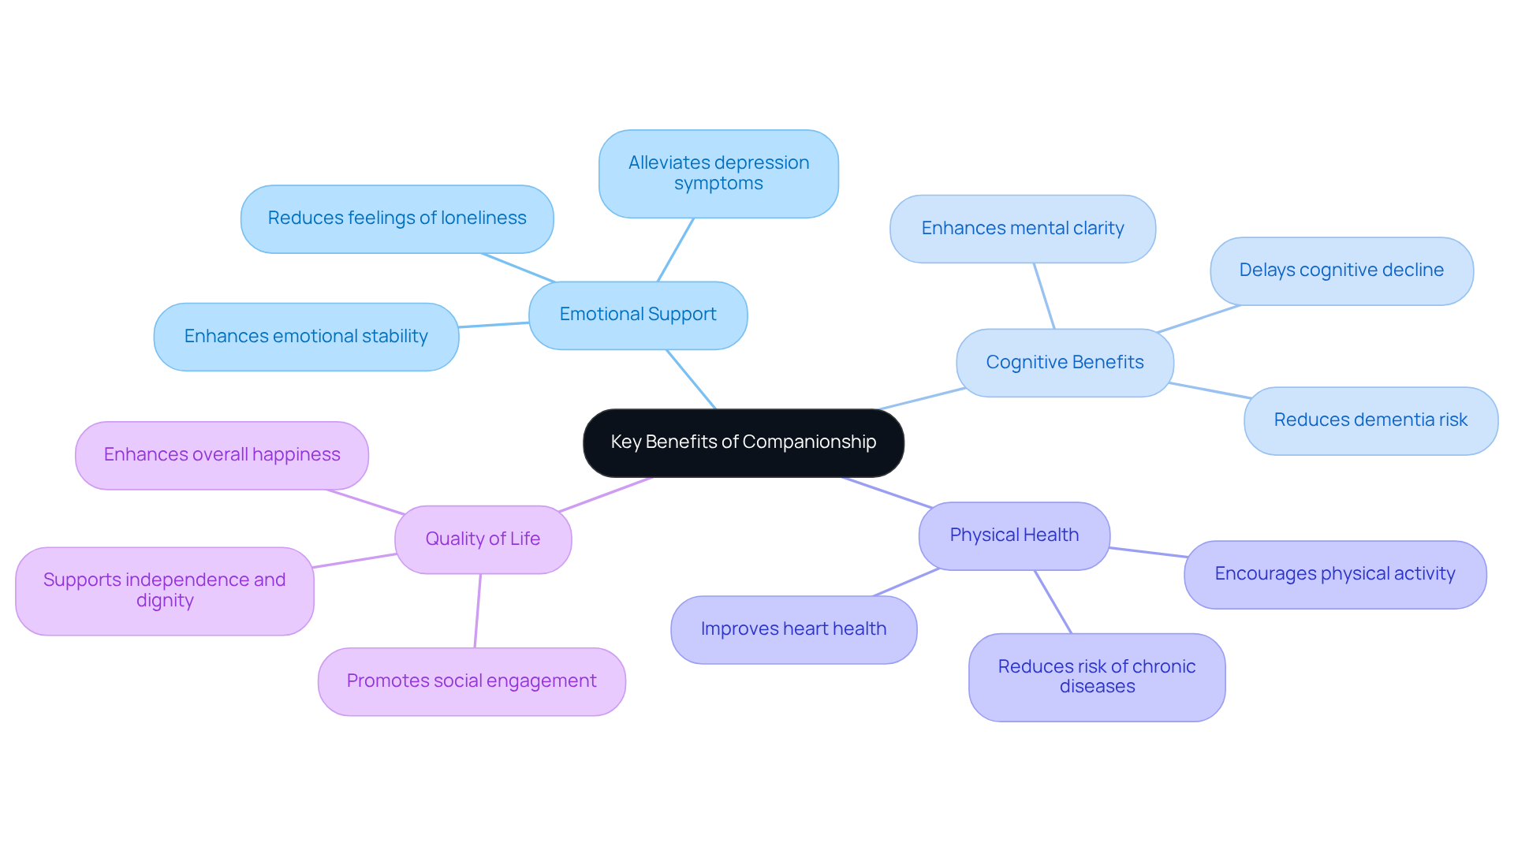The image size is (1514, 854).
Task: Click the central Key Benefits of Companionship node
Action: tap(743, 442)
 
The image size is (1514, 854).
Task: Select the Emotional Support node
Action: tap(637, 315)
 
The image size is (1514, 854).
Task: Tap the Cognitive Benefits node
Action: tap(1064, 363)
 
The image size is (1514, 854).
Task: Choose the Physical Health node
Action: tap(1013, 535)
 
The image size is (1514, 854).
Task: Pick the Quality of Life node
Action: tap(483, 539)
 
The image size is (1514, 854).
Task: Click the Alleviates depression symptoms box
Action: tap(718, 173)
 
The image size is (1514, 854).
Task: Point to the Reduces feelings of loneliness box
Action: tap(397, 218)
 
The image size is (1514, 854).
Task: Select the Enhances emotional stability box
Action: tap(306, 337)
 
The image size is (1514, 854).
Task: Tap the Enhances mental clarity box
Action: tap(1022, 229)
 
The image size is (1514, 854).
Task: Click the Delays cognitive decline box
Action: tap(1341, 270)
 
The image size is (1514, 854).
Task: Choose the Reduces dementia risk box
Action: tap(1370, 420)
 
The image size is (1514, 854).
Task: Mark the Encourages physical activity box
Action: tap(1334, 574)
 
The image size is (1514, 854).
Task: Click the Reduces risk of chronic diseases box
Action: tap(1096, 677)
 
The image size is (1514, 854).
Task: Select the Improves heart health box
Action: tap(793, 629)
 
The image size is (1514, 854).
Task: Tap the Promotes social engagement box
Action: tap(471, 681)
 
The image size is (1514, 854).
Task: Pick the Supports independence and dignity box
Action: tap(164, 591)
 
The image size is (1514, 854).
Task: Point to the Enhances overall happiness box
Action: tap(222, 455)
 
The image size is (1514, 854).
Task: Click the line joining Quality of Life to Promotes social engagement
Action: tap(478, 611)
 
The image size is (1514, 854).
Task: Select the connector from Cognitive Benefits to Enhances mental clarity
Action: tap(1044, 296)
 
